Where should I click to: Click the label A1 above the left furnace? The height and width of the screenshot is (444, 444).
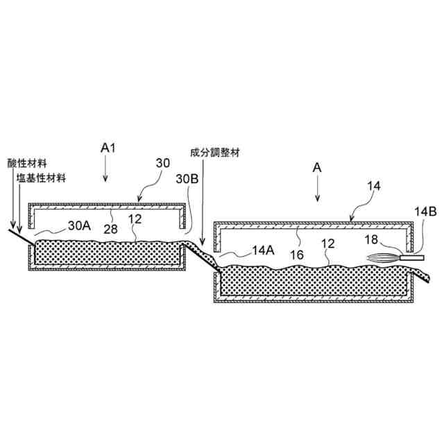point(107,148)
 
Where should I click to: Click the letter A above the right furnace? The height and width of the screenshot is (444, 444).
point(317,168)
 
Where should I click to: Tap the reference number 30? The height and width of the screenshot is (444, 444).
point(162,163)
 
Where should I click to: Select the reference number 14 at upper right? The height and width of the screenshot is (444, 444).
point(373,187)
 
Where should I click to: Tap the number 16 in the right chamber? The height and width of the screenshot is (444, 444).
point(296,255)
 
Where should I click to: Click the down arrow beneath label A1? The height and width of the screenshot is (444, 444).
point(105,169)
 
